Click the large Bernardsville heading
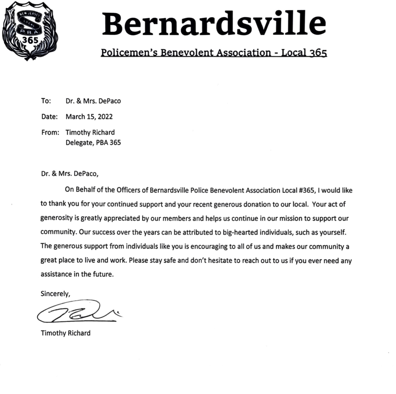tap(214, 24)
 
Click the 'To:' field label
tap(46, 101)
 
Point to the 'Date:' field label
tap(49, 117)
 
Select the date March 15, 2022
tap(89, 117)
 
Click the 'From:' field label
tap(50, 132)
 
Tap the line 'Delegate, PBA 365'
tap(93, 142)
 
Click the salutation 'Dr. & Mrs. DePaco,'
tap(70, 174)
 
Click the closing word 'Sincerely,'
tap(55, 294)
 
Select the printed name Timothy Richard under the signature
tap(66, 333)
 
